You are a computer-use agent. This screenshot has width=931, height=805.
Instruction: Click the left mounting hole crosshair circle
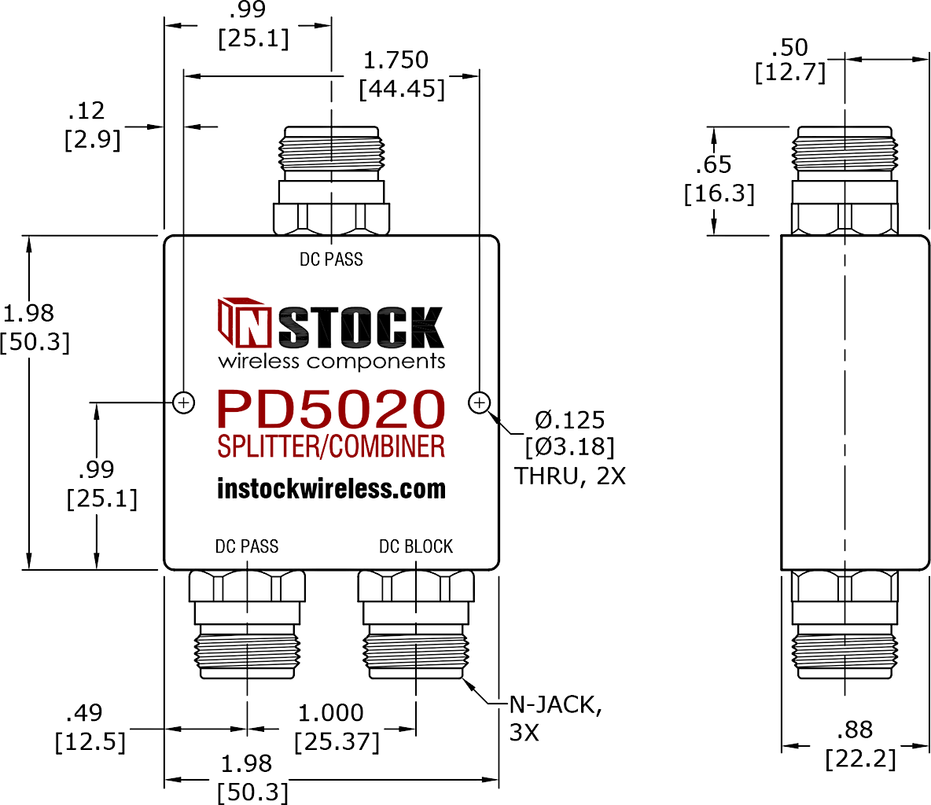click(x=184, y=403)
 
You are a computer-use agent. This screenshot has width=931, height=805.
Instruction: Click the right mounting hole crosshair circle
click(x=479, y=403)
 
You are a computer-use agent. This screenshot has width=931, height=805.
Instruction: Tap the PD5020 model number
click(x=331, y=409)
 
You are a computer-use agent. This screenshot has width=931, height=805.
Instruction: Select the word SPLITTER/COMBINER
click(x=331, y=447)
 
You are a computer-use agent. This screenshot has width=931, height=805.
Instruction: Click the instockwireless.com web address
click(x=331, y=488)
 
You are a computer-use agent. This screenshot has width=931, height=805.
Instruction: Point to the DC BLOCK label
click(x=416, y=546)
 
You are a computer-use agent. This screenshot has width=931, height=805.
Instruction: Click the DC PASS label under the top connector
click(x=331, y=259)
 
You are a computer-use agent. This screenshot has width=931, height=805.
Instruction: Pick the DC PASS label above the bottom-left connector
click(x=246, y=546)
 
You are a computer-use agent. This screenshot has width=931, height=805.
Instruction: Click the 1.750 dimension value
click(x=396, y=60)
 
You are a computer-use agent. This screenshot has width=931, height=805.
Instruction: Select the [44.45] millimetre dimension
click(x=402, y=89)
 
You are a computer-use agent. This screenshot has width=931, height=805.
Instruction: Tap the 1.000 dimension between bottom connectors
click(x=330, y=713)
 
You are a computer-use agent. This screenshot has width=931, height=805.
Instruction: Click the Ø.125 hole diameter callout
click(x=569, y=421)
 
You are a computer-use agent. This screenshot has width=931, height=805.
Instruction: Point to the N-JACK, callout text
click(x=556, y=705)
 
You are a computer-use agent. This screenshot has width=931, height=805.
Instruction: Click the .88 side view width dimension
click(x=855, y=730)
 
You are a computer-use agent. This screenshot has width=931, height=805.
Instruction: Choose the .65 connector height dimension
click(x=714, y=164)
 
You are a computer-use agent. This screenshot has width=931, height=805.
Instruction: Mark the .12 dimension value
click(x=86, y=110)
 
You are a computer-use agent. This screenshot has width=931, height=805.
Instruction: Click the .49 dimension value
click(x=83, y=712)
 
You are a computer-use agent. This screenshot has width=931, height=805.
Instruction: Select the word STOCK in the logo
click(x=361, y=327)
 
